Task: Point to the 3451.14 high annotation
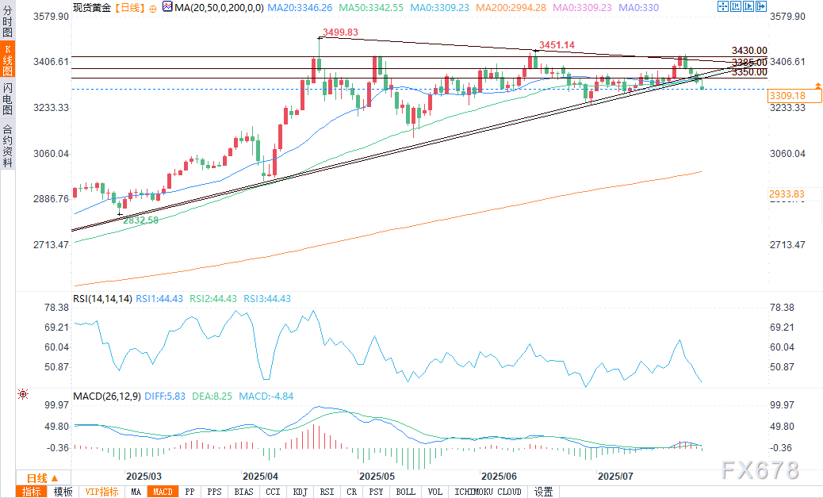point(557,45)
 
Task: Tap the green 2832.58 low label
point(141,220)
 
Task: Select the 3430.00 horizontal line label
point(749,51)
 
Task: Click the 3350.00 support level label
point(749,72)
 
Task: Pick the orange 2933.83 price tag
point(787,194)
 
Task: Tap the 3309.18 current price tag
point(787,95)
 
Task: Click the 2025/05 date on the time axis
point(377,477)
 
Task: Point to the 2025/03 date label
point(144,477)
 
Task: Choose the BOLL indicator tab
point(405,492)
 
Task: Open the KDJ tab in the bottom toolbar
point(300,492)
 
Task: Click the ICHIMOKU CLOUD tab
point(488,492)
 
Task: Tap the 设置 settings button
point(543,492)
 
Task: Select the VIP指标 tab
point(101,492)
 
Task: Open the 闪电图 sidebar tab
point(8,98)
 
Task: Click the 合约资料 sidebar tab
point(8,146)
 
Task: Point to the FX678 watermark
point(760,470)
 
